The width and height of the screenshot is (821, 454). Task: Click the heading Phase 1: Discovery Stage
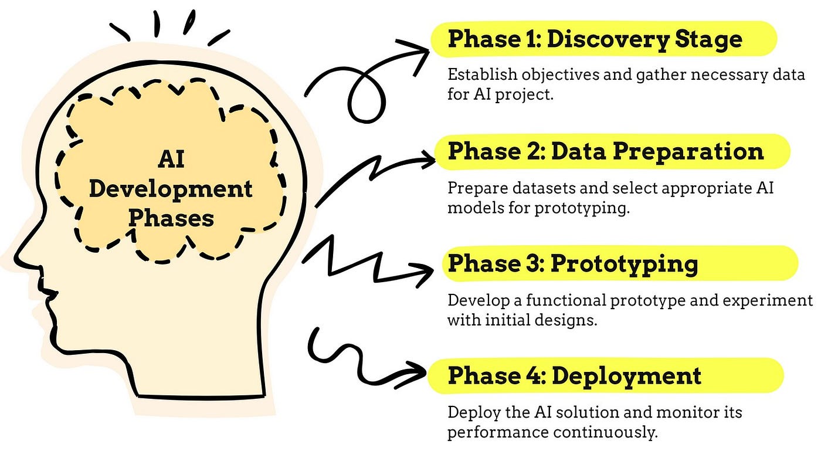pyautogui.click(x=595, y=39)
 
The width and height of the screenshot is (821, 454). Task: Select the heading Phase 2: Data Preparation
pyautogui.click(x=606, y=151)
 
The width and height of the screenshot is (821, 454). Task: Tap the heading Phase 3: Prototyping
pyautogui.click(x=572, y=263)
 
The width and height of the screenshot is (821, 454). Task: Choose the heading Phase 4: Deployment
pyautogui.click(x=574, y=375)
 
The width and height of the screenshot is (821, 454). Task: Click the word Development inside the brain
pyautogui.click(x=171, y=189)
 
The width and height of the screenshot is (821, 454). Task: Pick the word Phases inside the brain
pyautogui.click(x=171, y=218)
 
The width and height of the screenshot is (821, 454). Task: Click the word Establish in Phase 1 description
pyautogui.click(x=479, y=76)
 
